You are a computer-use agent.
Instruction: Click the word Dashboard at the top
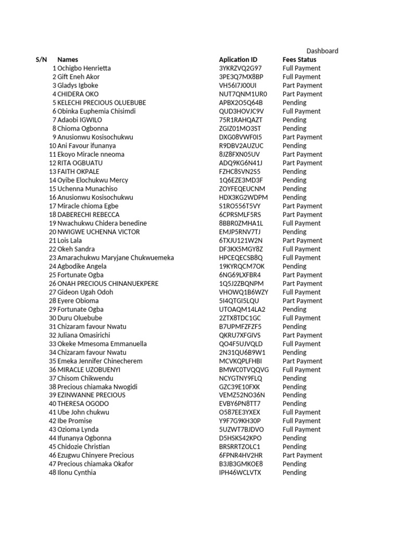pyautogui.click(x=322, y=51)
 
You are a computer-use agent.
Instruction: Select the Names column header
pyautogui.click(x=68, y=60)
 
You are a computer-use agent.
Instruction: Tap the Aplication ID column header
pyautogui.click(x=238, y=60)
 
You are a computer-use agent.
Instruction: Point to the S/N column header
pyautogui.click(x=41, y=60)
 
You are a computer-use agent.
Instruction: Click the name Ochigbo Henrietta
pyautogui.click(x=84, y=68)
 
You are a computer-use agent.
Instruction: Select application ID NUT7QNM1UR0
pyautogui.click(x=243, y=94)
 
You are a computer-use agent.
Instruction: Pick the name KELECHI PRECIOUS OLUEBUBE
pyautogui.click(x=102, y=103)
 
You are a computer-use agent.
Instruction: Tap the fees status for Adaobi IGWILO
pyautogui.click(x=294, y=120)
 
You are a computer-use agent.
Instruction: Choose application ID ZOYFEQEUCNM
pyautogui.click(x=242, y=188)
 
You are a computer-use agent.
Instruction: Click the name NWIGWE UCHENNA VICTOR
pyautogui.click(x=98, y=232)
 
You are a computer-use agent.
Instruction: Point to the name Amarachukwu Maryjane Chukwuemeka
pyautogui.click(x=116, y=258)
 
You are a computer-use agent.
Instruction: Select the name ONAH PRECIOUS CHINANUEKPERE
pyautogui.click(x=108, y=283)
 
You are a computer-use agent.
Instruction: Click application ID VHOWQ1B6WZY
pyautogui.click(x=244, y=292)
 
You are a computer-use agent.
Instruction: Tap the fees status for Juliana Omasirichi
pyautogui.click(x=302, y=335)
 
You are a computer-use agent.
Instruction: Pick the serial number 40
pyautogui.click(x=52, y=404)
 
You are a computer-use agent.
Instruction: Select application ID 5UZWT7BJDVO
pyautogui.click(x=241, y=429)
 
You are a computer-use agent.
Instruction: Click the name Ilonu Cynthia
pyautogui.click(x=77, y=473)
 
